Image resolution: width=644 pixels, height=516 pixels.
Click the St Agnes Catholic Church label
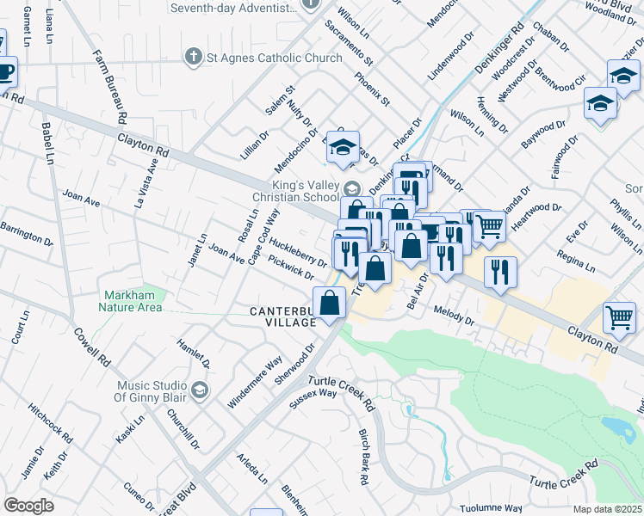click(262, 58)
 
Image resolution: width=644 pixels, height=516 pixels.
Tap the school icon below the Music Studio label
click(200, 391)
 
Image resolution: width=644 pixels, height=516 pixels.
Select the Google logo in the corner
click(28, 505)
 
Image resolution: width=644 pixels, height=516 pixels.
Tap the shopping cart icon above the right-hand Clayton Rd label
click(619, 317)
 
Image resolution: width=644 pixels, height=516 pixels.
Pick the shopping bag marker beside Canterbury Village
click(330, 303)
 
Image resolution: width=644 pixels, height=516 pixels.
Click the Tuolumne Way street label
click(495, 508)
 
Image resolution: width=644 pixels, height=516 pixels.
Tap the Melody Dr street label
click(455, 315)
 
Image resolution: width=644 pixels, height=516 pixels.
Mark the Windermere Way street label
click(256, 381)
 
